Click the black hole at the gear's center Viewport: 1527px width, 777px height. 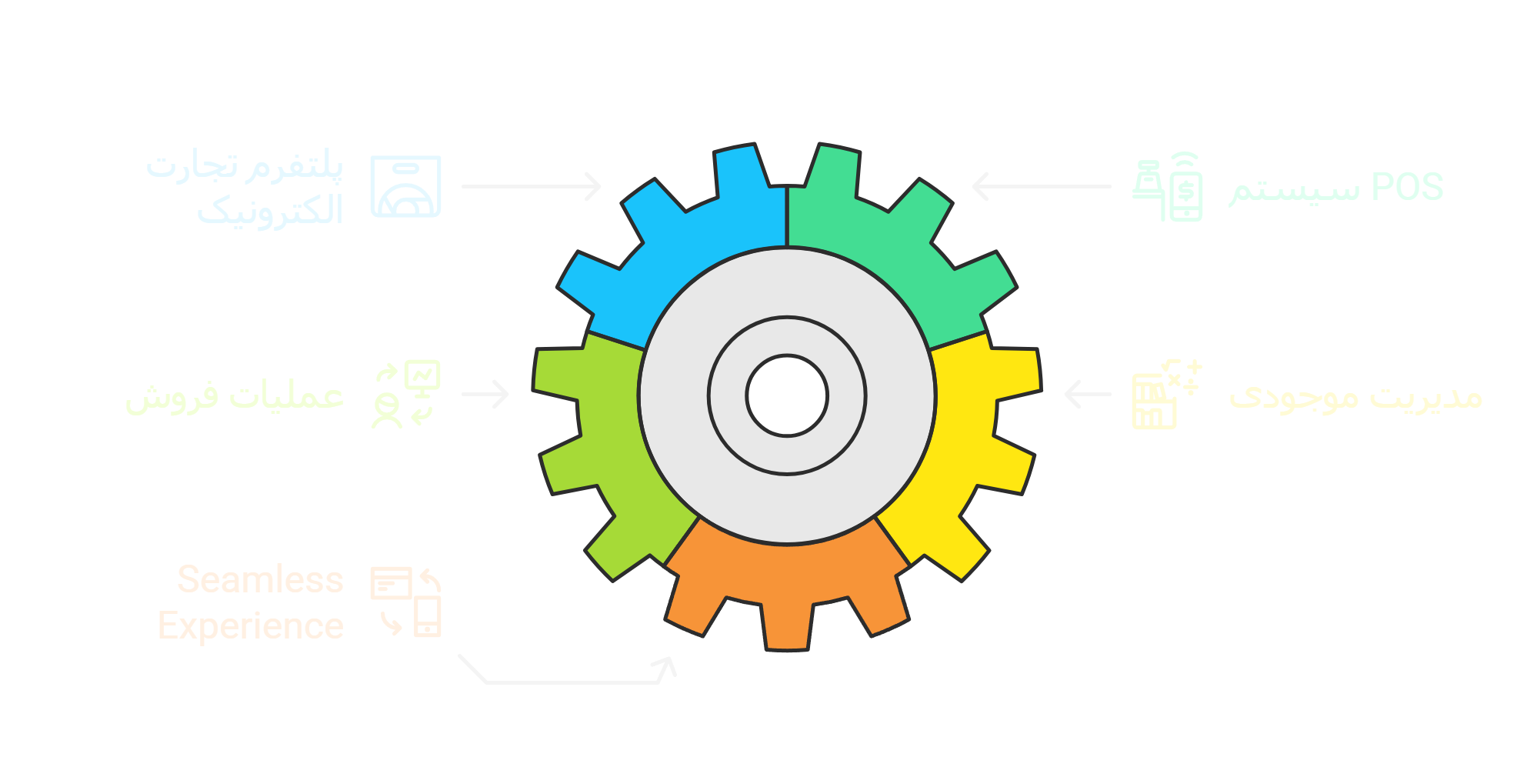pyautogui.click(x=786, y=395)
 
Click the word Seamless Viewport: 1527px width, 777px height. pyautogui.click(x=260, y=579)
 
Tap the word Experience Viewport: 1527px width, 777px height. pyautogui.click(x=251, y=625)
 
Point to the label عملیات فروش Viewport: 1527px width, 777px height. pyautogui.click(x=235, y=396)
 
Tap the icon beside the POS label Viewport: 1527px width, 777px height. pyautogui.click(x=1168, y=187)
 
